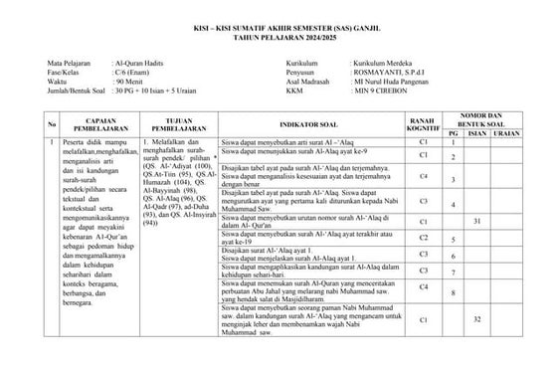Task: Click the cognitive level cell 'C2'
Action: tap(423, 238)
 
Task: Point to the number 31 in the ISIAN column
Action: tap(476, 220)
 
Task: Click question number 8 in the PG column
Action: tap(453, 293)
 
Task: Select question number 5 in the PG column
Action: tap(453, 241)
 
